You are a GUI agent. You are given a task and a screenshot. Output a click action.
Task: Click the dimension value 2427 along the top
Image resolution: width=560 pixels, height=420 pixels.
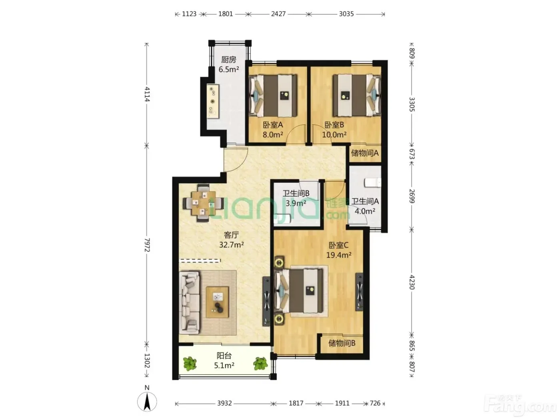pyautogui.click(x=278, y=14)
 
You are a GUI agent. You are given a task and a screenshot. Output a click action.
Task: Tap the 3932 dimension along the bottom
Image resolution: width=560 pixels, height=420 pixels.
pyautogui.click(x=224, y=403)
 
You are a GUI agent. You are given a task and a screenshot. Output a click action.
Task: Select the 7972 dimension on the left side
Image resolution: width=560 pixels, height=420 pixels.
pyautogui.click(x=147, y=245)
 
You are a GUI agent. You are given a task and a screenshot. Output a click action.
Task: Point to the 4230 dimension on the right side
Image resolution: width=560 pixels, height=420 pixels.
pyautogui.click(x=412, y=282)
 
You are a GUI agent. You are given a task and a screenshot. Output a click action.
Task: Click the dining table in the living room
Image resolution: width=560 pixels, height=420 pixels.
pyautogui.click(x=204, y=203)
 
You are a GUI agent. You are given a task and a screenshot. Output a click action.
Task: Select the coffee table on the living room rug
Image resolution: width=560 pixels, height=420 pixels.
pyautogui.click(x=217, y=302)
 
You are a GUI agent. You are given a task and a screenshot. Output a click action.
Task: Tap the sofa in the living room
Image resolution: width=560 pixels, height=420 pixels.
pyautogui.click(x=189, y=303)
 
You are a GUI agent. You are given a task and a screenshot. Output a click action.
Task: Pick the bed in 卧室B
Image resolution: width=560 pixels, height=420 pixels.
pyautogui.click(x=357, y=95)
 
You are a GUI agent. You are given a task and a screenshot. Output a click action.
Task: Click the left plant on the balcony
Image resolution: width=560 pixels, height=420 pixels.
pyautogui.click(x=190, y=364)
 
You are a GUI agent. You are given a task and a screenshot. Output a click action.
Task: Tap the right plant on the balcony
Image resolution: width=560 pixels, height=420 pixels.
pyautogui.click(x=260, y=363)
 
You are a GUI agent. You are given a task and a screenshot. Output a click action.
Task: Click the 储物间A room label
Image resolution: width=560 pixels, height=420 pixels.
pyautogui.click(x=364, y=153)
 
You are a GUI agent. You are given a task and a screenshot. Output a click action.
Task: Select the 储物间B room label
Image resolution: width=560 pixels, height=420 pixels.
pyautogui.click(x=342, y=343)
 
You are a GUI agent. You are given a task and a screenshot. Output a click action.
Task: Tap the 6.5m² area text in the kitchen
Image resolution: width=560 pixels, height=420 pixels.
pyautogui.click(x=228, y=69)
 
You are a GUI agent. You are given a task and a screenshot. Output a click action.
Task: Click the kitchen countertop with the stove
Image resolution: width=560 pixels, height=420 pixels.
pyautogui.click(x=213, y=101)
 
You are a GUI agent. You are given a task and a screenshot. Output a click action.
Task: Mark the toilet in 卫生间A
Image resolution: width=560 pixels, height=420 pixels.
pyautogui.click(x=373, y=183)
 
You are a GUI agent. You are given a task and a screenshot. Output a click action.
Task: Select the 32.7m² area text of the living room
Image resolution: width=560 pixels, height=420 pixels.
pyautogui.click(x=231, y=245)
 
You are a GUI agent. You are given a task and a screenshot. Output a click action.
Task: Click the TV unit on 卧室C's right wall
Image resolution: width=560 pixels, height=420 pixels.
pyautogui.click(x=360, y=292)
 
